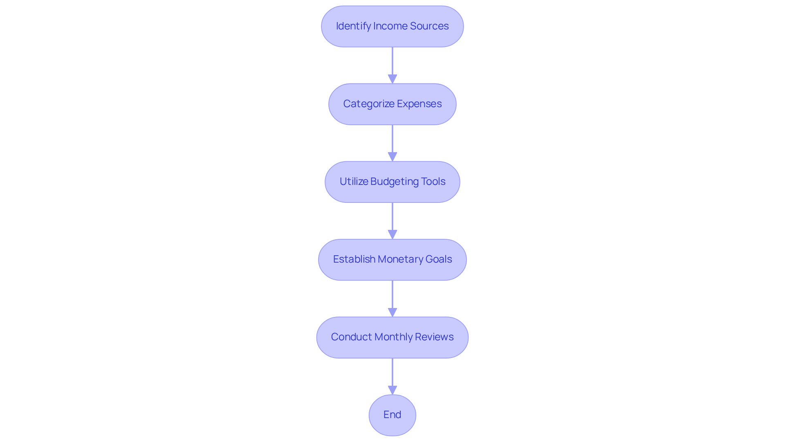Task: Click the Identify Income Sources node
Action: pyautogui.click(x=392, y=26)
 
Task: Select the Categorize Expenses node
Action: pyautogui.click(x=392, y=104)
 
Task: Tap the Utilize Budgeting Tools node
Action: pyautogui.click(x=392, y=182)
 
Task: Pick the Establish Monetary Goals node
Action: pyautogui.click(x=392, y=259)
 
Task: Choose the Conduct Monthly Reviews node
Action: pyautogui.click(x=392, y=337)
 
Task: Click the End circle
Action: pyautogui.click(x=392, y=415)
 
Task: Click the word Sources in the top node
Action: pyautogui.click(x=429, y=26)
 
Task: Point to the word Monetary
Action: pyautogui.click(x=400, y=259)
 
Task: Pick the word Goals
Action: pyautogui.click(x=438, y=259)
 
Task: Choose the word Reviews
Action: pyautogui.click(x=434, y=337)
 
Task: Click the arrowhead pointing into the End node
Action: pyautogui.click(x=392, y=390)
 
